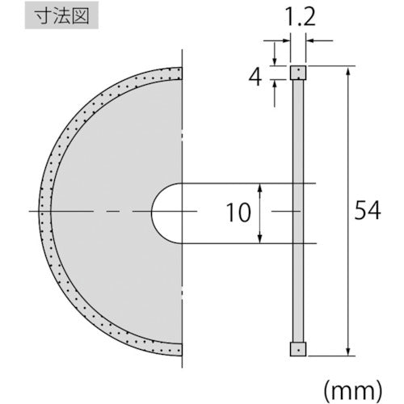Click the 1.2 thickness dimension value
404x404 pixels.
(x=297, y=15)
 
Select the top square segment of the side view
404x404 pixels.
(x=297, y=73)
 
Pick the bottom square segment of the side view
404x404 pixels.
(x=297, y=349)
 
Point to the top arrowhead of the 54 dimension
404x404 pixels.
(x=347, y=72)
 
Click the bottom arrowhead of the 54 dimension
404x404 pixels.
(x=347, y=351)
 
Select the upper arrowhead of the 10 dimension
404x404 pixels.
(x=260, y=188)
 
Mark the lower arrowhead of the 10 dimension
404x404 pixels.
(x=260, y=238)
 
